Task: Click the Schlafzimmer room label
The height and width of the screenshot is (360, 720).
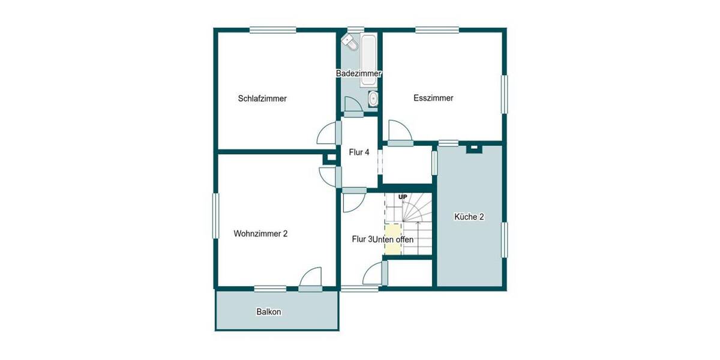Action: tap(262, 98)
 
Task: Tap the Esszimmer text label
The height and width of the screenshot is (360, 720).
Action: tap(433, 98)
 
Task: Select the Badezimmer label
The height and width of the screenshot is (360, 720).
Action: tap(359, 73)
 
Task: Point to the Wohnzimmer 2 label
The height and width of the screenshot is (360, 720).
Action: tap(260, 234)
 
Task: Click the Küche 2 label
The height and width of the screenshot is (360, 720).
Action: tap(469, 217)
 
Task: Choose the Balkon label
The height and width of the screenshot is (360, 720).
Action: tap(269, 312)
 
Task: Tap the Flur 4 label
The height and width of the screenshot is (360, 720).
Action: tap(359, 152)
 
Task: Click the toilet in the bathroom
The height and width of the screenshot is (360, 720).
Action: tap(349, 42)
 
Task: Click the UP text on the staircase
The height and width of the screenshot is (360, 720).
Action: tap(403, 197)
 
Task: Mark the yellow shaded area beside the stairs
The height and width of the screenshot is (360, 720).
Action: tap(392, 239)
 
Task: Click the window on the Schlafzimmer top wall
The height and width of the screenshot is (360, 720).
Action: tap(273, 29)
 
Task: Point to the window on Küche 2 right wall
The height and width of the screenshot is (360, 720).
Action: tap(505, 240)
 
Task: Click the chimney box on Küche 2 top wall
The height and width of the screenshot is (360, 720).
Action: tap(474, 147)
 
